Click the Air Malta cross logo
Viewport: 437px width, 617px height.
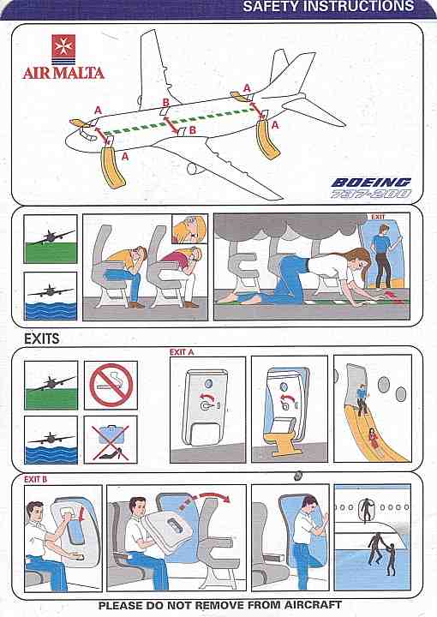[x=63, y=49]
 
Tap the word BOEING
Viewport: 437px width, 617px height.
[x=371, y=183]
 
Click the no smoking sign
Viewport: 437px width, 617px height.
[x=111, y=385]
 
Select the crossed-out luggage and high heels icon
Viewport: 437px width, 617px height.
[x=111, y=440]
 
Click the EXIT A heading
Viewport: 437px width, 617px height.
[x=182, y=352]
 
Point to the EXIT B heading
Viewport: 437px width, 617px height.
[x=35, y=479]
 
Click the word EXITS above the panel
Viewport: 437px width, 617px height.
[x=42, y=338]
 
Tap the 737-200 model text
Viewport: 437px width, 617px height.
[x=370, y=194]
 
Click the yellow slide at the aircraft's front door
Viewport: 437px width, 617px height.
[x=113, y=167]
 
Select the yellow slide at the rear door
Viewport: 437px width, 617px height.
[x=267, y=140]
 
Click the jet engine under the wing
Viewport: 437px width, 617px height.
[x=195, y=168]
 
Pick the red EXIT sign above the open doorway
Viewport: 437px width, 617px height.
[x=378, y=217]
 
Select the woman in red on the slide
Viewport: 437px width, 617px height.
[x=372, y=438]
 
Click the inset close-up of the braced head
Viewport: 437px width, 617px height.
[x=189, y=229]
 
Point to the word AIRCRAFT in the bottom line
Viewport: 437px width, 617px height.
[x=313, y=605]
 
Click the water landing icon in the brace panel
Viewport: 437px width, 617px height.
[x=51, y=296]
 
